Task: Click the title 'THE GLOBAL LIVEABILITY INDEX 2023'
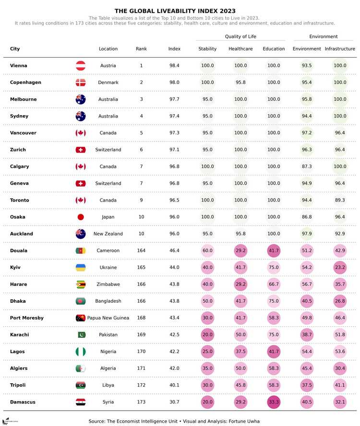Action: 175,11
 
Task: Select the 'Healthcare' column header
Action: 240,49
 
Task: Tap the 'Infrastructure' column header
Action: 340,49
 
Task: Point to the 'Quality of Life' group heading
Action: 240,36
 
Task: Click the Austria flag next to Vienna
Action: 81,66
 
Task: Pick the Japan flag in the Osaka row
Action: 81,217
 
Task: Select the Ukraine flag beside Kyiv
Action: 81,268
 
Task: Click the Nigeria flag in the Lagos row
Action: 81,352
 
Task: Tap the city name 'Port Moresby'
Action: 27,318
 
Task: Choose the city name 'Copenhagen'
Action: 25,83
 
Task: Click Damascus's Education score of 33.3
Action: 274,402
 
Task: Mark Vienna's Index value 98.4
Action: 174,66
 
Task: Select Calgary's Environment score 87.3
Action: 307,166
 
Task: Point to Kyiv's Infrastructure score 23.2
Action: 340,268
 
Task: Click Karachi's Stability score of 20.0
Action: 207,335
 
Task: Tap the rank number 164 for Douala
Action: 141,251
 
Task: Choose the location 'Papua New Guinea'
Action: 108,318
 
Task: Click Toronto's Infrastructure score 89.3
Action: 340,201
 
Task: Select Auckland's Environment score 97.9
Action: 307,234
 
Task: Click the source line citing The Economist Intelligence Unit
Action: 174,421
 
